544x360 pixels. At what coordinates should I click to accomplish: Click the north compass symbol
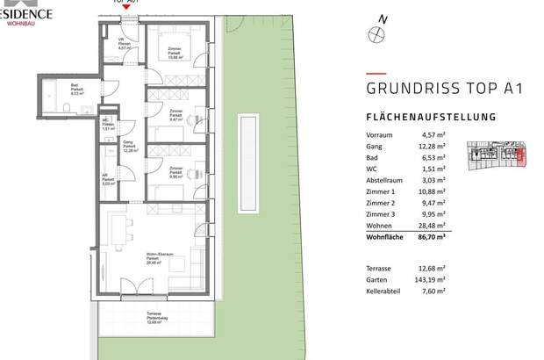[x=378, y=33]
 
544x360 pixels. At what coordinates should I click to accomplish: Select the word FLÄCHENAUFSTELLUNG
[x=431, y=117]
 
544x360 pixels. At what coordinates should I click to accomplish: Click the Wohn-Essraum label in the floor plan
[x=158, y=255]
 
